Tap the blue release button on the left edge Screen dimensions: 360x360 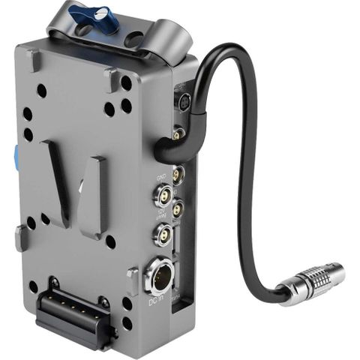(16, 157)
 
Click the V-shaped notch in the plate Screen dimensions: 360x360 (75, 187)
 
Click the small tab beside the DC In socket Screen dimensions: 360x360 (133, 279)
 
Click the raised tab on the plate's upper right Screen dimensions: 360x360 (112, 78)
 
